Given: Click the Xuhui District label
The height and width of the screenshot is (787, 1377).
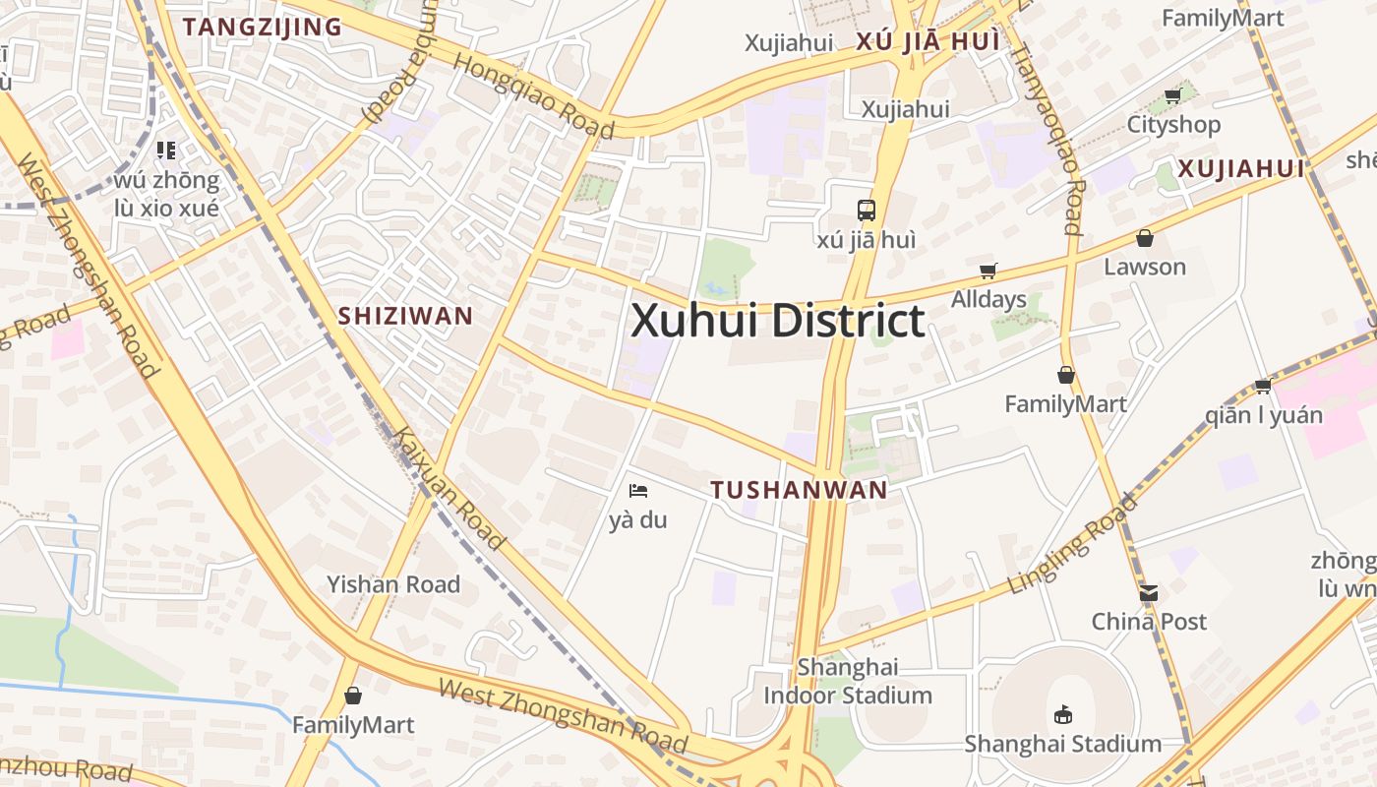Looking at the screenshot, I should tap(777, 322).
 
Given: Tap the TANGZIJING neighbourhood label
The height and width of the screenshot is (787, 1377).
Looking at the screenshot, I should tap(262, 27).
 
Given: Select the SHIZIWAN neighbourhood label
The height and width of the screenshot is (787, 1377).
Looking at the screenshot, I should tap(405, 316).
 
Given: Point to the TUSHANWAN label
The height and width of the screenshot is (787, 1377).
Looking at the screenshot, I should tap(799, 490).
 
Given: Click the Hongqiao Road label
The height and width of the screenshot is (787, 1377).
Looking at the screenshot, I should tap(533, 94).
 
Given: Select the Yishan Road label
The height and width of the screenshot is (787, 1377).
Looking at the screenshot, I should tap(393, 584).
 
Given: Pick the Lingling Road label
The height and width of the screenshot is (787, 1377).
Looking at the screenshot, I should tap(1072, 544).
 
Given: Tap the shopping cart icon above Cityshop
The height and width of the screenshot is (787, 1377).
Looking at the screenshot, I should tap(1172, 96).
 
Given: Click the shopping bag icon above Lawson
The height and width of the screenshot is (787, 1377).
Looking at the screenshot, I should tap(1144, 238).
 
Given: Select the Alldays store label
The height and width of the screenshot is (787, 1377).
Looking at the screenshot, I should tap(988, 299).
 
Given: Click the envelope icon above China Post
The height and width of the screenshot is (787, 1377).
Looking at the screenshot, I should tap(1148, 593).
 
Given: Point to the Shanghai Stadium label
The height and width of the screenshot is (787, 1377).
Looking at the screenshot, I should tap(1062, 744).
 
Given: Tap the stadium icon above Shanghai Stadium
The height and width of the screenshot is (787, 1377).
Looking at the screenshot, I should tap(1062, 715).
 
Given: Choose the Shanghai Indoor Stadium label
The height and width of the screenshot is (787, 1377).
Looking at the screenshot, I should tap(848, 681).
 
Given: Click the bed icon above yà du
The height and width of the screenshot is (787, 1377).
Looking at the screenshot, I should tap(638, 490).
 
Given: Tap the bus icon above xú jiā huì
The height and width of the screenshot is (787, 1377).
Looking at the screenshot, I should tap(866, 210).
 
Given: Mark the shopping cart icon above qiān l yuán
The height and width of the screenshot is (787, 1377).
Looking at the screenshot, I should tap(1263, 386).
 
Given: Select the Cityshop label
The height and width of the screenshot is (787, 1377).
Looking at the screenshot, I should tap(1173, 125).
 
